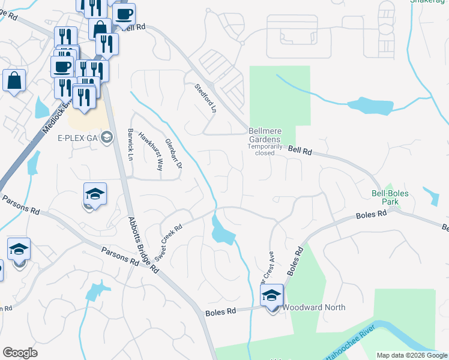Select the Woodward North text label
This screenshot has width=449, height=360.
click(314, 308)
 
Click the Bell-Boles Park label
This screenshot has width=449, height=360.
click(385, 208)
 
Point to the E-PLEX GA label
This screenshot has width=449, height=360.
click(78, 138)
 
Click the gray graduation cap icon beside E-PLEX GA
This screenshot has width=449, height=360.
click(107, 138)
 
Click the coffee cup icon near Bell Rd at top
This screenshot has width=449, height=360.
click(124, 14)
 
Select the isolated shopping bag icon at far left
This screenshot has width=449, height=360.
click(14, 80)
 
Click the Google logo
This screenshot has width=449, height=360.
click(20, 353)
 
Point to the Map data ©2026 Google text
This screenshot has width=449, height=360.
click(411, 355)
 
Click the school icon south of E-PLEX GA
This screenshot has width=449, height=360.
click(95, 194)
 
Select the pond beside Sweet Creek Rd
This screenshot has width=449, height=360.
click(223, 231)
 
